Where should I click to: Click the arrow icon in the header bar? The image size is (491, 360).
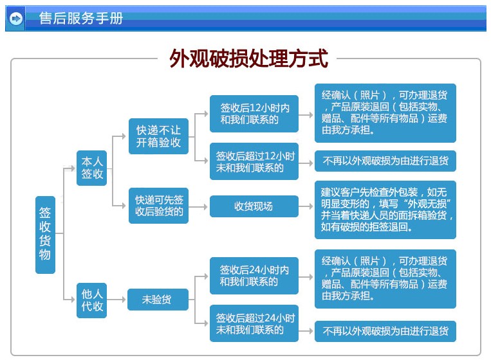tap(16, 19)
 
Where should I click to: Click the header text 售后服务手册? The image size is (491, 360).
tap(81, 18)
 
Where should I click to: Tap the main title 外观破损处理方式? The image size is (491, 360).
tap(248, 59)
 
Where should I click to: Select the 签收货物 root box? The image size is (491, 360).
tap(46, 235)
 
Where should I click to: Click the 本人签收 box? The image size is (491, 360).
tap(92, 168)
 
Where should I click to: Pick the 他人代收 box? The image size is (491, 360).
tap(92, 300)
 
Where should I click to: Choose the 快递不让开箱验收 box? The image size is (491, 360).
tap(158, 136)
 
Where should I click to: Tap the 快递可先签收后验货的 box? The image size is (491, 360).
tap(158, 206)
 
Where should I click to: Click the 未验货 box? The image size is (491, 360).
tap(158, 300)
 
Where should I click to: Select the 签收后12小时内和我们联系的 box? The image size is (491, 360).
tap(254, 114)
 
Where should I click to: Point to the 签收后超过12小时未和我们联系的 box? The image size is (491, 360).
tap(254, 161)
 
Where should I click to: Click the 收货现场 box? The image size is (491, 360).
tap(254, 206)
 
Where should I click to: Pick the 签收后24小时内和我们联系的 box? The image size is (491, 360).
tap(254, 276)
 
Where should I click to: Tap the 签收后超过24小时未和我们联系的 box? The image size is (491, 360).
tap(254, 323)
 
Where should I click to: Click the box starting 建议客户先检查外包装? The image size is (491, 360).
tap(385, 210)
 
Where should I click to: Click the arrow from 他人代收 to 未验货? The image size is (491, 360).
tap(116, 300)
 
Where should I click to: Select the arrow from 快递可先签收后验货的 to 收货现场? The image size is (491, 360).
tap(198, 207)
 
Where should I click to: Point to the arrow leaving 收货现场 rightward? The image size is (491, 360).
tap(306, 206)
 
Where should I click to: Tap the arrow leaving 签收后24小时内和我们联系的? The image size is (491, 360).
tap(306, 277)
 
